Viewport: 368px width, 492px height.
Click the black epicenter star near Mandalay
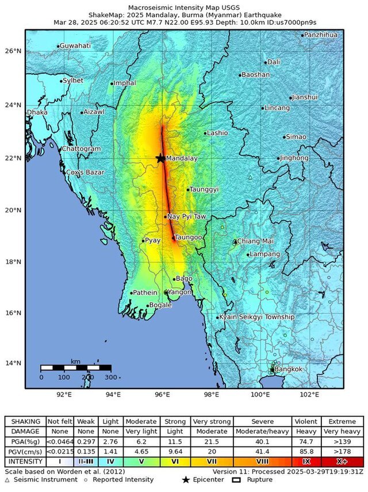coord(160,158)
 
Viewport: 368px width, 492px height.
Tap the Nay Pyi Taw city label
coord(186,217)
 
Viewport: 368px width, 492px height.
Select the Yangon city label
coord(179,292)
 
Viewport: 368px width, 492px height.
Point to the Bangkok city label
coord(288,369)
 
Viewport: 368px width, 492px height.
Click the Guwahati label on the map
coord(75,45)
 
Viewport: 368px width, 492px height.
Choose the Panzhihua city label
coord(321,35)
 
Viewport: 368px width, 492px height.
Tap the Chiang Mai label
coord(255,241)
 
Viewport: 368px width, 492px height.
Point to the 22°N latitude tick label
coord(14,158)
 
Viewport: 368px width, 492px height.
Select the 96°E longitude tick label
coord(162,395)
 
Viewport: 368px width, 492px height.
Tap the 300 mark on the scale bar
coord(111,377)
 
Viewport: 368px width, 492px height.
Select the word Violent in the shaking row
coord(305,422)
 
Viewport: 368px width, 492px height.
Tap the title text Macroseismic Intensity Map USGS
coord(184,7)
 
